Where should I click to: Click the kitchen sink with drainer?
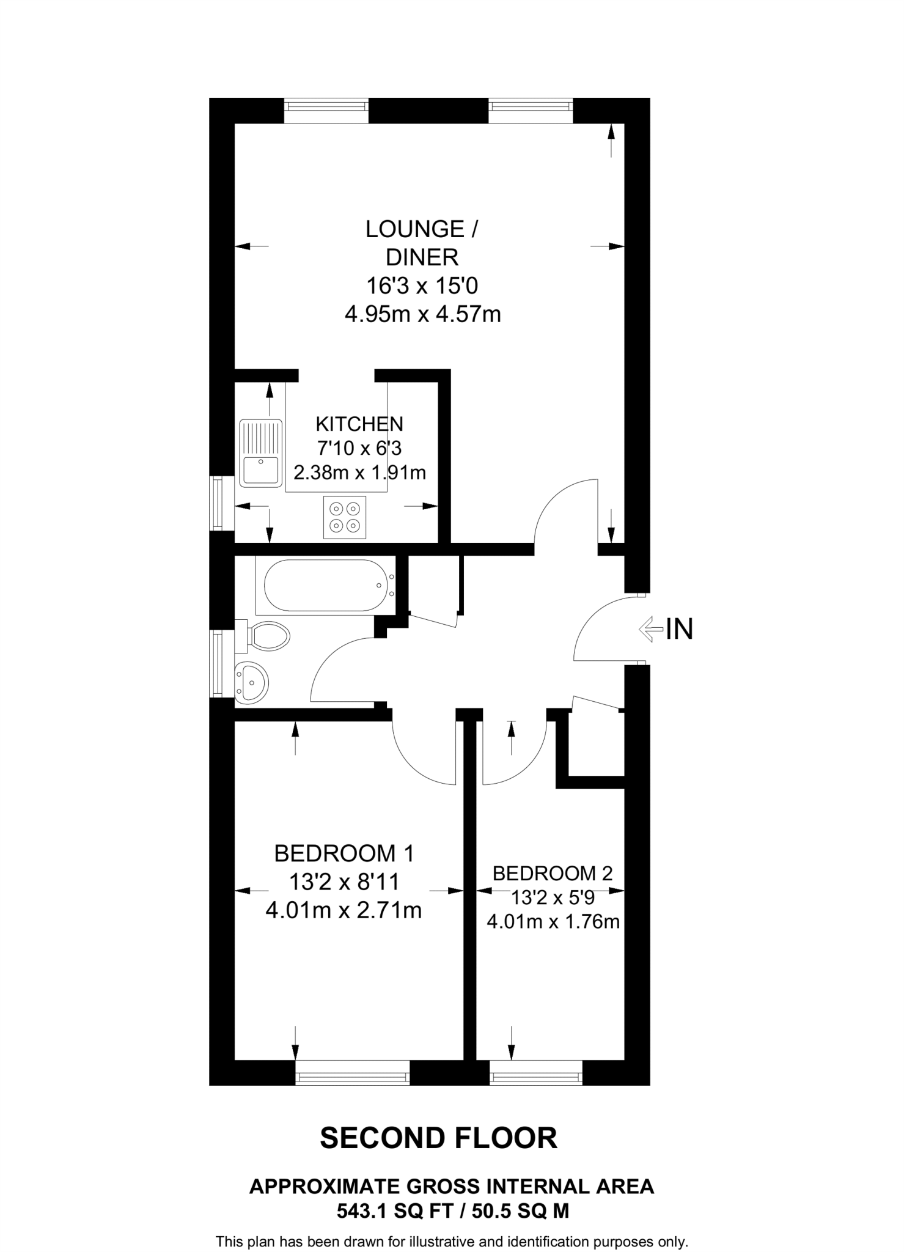click(261, 453)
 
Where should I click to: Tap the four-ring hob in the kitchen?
click(345, 517)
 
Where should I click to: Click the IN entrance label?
click(679, 629)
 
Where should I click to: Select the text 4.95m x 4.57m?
click(422, 315)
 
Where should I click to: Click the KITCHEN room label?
click(359, 424)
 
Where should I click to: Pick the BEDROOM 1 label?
click(344, 853)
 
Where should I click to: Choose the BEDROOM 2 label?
click(553, 873)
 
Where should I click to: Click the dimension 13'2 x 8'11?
click(344, 882)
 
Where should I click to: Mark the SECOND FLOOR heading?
click(439, 1138)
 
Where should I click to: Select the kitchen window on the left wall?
click(216, 503)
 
